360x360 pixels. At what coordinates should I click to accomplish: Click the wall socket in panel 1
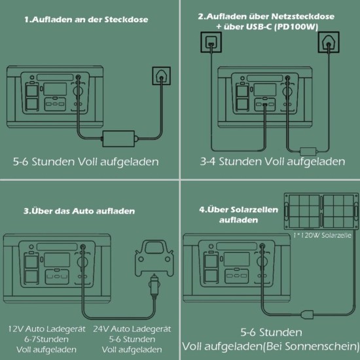[161, 76]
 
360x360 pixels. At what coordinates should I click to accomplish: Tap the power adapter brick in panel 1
[118, 139]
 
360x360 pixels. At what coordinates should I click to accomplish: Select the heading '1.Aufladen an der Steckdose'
[86, 20]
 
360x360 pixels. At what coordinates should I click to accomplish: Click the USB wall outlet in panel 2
[211, 43]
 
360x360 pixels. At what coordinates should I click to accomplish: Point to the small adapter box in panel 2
[308, 151]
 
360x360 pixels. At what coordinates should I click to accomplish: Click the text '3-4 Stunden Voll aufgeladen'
[272, 162]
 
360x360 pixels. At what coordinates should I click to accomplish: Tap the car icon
[154, 258]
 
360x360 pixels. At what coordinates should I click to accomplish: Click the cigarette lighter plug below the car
[154, 286]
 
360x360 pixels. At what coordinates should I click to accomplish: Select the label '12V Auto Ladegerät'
[46, 329]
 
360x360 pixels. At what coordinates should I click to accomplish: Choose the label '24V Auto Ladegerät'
[132, 329]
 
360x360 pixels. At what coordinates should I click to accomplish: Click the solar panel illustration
[321, 211]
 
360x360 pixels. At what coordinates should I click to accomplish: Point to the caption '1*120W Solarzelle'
[322, 235]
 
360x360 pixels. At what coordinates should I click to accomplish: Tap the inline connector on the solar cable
[308, 314]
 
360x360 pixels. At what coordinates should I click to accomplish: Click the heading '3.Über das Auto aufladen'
[79, 211]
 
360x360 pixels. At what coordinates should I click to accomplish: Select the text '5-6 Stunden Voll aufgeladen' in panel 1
[86, 162]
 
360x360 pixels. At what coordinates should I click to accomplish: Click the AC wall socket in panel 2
[329, 43]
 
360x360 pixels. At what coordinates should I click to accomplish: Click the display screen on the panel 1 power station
[55, 89]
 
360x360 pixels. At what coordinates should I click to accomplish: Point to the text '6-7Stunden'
[46, 339]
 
